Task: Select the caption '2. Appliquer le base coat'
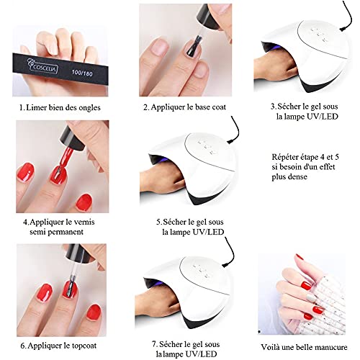tap(184, 107)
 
